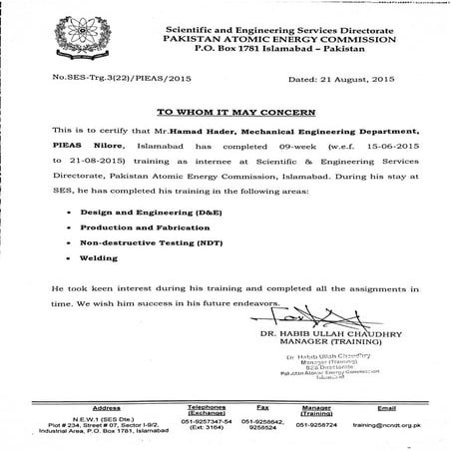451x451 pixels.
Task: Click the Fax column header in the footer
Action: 262,407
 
